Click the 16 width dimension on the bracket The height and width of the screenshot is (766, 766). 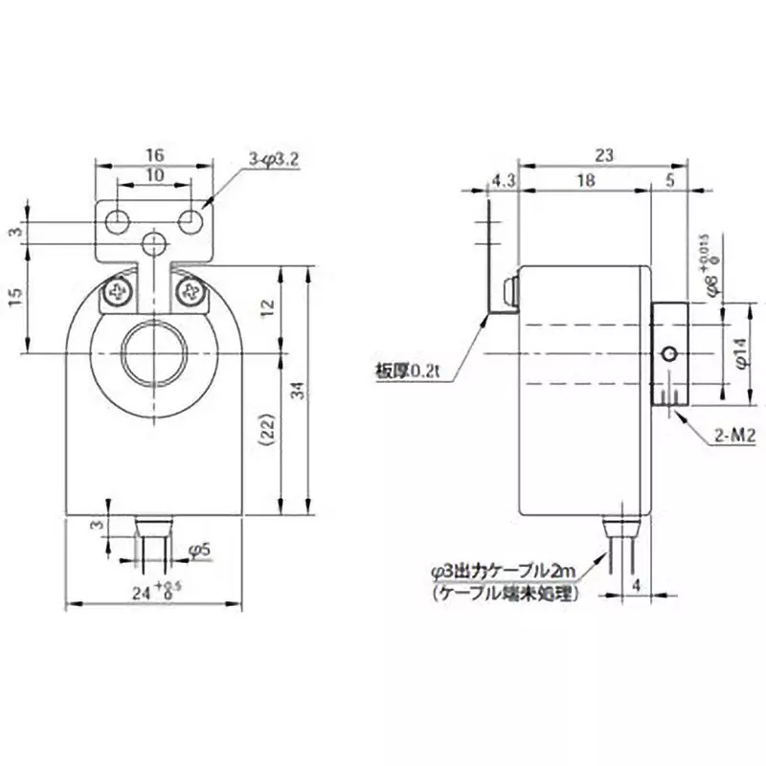coord(155,153)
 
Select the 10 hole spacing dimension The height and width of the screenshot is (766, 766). coord(155,176)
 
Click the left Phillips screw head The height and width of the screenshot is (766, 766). coord(121,290)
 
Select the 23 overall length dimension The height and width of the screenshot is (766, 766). coord(603,153)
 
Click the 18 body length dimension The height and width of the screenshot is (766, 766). coord(585,179)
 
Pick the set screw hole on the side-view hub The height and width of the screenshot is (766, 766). coord(671,354)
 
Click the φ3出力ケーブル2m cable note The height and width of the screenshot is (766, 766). coord(505,572)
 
